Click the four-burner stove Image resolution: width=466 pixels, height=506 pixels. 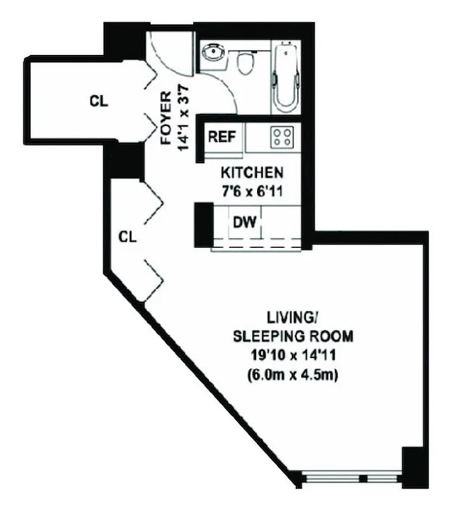pos(281,137)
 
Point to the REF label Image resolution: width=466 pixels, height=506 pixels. pos(222,137)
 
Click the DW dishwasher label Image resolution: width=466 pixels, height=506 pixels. pos(244,222)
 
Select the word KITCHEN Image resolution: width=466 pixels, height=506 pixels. pos(251,172)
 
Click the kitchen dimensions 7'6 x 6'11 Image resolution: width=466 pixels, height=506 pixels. pos(251,188)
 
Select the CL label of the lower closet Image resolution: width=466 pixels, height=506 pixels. pos(129,237)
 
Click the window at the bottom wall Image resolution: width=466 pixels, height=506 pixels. pos(351,478)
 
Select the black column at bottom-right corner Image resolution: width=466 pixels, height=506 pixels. pos(415,467)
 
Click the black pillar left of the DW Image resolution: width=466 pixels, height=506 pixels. pos(203,225)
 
